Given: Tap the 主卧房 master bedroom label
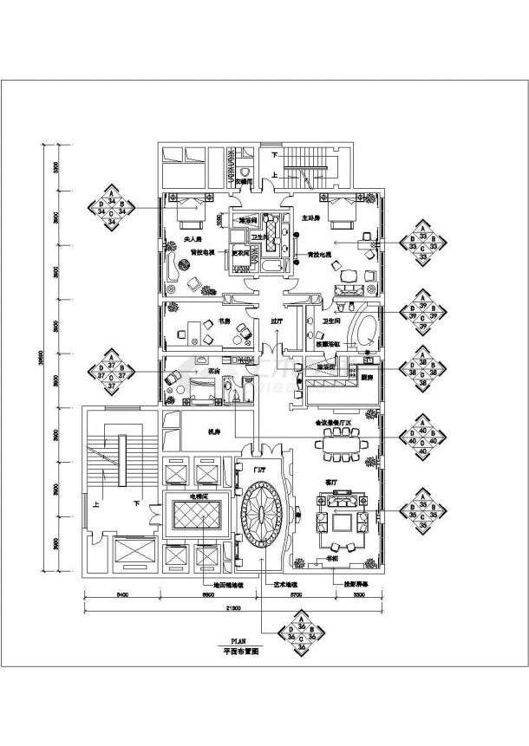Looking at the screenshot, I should click(310, 218).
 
